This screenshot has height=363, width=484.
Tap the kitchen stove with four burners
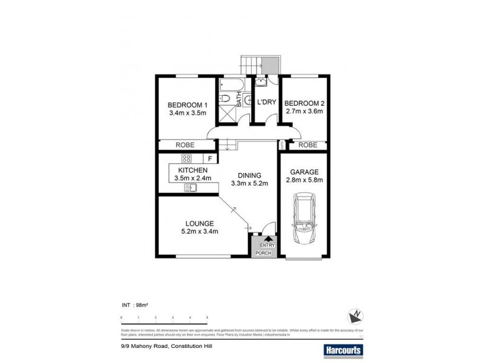(186, 159)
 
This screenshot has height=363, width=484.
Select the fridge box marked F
(209, 159)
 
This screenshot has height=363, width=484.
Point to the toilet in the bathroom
(224, 97)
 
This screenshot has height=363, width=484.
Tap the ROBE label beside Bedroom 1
(185, 145)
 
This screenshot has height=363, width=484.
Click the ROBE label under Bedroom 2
(308, 145)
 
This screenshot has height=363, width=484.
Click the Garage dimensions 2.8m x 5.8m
(307, 180)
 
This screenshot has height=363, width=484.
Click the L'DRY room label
(267, 103)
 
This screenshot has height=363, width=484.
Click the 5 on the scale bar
(208, 317)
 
